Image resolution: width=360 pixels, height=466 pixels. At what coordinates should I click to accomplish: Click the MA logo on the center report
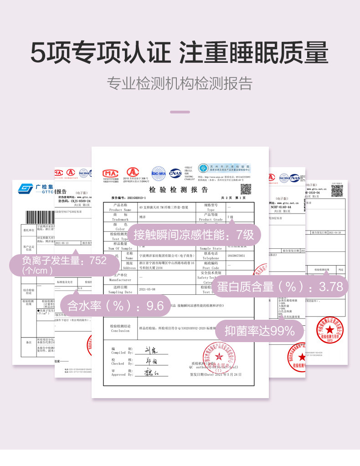click(x=110, y=173)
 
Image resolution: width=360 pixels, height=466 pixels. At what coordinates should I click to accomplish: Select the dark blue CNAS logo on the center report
click(x=175, y=173)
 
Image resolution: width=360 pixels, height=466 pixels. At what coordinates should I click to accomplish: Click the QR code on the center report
click(x=246, y=189)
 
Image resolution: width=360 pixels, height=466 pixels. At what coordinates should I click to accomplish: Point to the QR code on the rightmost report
click(x=337, y=191)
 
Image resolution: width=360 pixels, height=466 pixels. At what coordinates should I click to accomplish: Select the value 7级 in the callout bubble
click(x=245, y=235)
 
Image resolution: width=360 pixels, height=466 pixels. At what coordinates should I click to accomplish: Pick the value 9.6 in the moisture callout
click(x=154, y=306)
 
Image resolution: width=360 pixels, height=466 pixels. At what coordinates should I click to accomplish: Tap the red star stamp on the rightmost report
click(x=329, y=328)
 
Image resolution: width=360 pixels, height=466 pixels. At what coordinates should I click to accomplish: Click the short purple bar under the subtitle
click(x=180, y=112)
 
